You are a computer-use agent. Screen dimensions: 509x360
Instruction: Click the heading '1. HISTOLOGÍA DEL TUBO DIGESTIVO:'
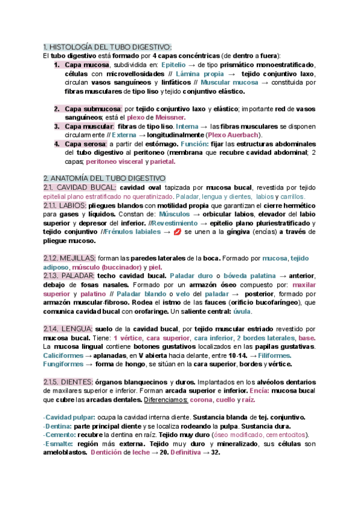coord(107,47)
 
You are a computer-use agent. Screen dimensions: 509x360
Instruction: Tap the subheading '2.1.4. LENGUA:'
coord(68,329)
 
